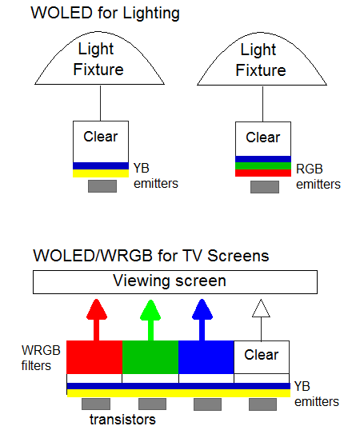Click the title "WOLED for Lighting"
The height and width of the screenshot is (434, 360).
(x=106, y=14)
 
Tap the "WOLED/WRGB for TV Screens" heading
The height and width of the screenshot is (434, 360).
(x=151, y=255)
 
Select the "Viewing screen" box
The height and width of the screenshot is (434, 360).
(x=175, y=282)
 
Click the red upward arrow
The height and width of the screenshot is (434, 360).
(x=97, y=320)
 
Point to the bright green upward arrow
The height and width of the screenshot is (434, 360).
(x=150, y=321)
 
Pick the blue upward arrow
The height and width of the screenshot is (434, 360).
(x=202, y=320)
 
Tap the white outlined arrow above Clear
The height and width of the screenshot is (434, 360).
(x=261, y=321)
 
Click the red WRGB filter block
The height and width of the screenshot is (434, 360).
(x=94, y=357)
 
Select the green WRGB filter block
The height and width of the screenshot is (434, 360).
(x=150, y=357)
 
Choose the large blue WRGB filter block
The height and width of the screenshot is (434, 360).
(x=206, y=357)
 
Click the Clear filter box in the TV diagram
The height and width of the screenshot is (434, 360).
(x=262, y=357)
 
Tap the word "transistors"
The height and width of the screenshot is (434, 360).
(x=122, y=420)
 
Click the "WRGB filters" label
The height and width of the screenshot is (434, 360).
(x=41, y=358)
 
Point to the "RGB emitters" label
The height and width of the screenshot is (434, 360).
(x=318, y=177)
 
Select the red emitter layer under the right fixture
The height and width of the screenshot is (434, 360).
(x=263, y=173)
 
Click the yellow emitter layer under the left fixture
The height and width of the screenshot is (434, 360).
(x=101, y=173)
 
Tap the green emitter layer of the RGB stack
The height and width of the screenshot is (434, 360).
(x=263, y=165)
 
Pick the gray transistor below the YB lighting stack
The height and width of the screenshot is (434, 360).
(x=102, y=186)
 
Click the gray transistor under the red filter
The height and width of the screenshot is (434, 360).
(x=96, y=404)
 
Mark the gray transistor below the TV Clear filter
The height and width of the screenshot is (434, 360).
(x=262, y=404)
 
